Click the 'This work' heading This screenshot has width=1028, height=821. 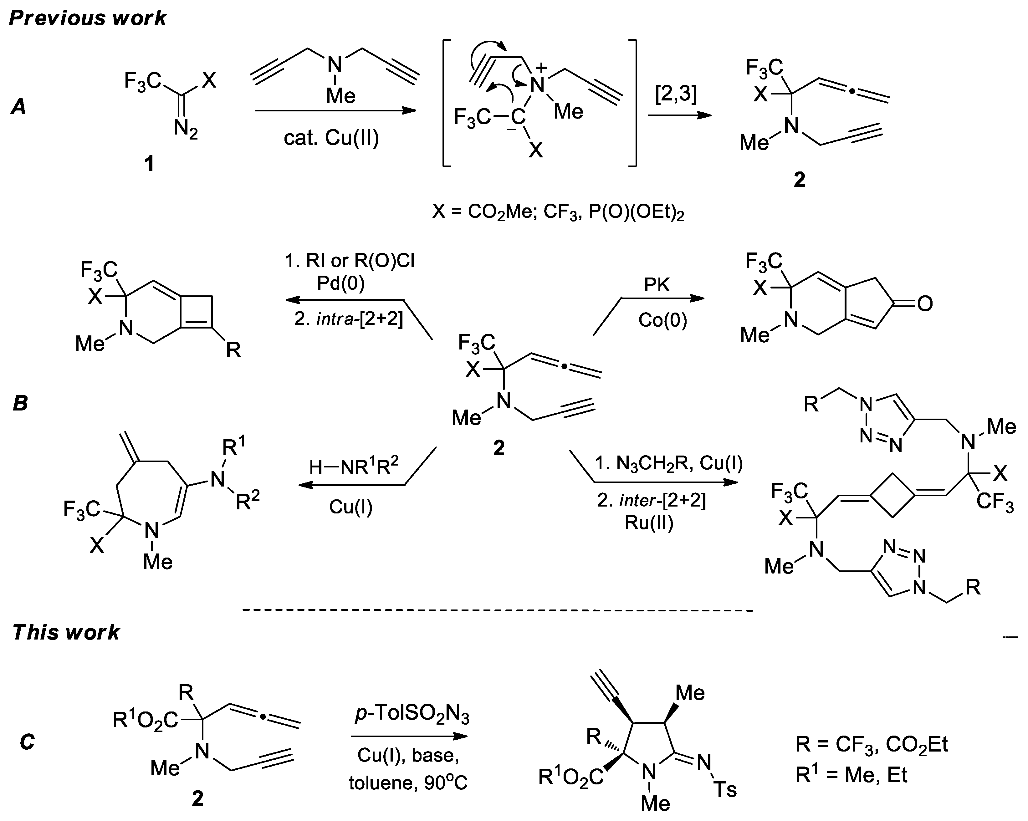click(66, 633)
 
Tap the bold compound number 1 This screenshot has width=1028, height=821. click(149, 164)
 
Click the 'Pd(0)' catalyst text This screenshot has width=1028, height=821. click(340, 284)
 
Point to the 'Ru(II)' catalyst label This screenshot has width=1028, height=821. click(649, 523)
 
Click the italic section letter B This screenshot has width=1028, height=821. click(20, 403)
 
